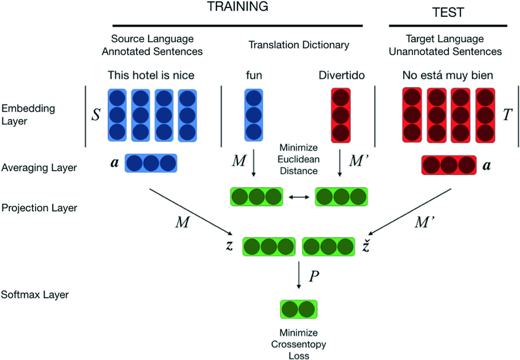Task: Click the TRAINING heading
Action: point(237,7)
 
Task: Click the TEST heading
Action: point(448,13)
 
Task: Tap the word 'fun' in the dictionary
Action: point(254,75)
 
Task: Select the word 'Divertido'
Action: point(342,75)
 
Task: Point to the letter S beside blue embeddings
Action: point(96,115)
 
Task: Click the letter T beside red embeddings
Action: point(507,115)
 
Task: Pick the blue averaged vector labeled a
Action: point(151,163)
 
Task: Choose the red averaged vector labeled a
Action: point(449,165)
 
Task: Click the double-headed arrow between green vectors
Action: point(299,197)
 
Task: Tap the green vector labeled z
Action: point(269,247)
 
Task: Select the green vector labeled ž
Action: point(329,247)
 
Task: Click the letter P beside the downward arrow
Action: point(314,276)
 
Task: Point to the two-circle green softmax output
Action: point(299,309)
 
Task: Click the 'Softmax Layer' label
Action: point(35,295)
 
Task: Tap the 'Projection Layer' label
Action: point(39,208)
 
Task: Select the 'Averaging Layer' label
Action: point(39,168)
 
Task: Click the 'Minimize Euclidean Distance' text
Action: point(299,159)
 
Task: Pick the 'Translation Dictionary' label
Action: point(299,45)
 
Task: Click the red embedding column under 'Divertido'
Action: point(341,115)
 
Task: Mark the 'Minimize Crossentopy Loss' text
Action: point(299,344)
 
